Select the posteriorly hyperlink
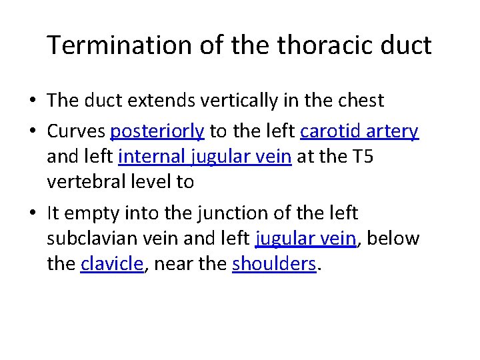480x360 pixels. coord(157,132)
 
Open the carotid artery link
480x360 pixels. coord(359,131)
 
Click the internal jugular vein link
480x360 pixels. coord(205,157)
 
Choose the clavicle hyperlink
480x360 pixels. coord(111,263)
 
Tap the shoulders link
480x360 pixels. coord(274,263)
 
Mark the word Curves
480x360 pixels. coord(76,132)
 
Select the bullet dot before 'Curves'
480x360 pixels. coord(32,132)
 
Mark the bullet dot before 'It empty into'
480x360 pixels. coord(32,214)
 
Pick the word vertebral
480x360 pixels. coord(86,182)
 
